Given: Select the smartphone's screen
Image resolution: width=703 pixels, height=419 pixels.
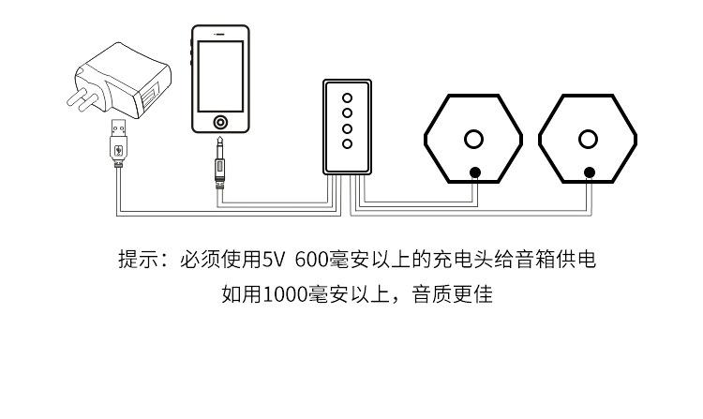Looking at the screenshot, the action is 220,75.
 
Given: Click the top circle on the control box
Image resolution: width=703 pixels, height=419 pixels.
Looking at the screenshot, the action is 347,97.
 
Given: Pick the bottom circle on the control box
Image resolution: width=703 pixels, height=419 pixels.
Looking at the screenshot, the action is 347,143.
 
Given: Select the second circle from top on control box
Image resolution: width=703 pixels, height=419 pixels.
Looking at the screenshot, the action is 347,112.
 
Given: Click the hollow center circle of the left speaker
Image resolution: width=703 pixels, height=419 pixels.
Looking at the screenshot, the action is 474,140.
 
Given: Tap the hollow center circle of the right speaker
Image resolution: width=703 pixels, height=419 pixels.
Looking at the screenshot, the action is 588,140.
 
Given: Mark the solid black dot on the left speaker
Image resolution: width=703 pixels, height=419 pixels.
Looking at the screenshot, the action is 475,172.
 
